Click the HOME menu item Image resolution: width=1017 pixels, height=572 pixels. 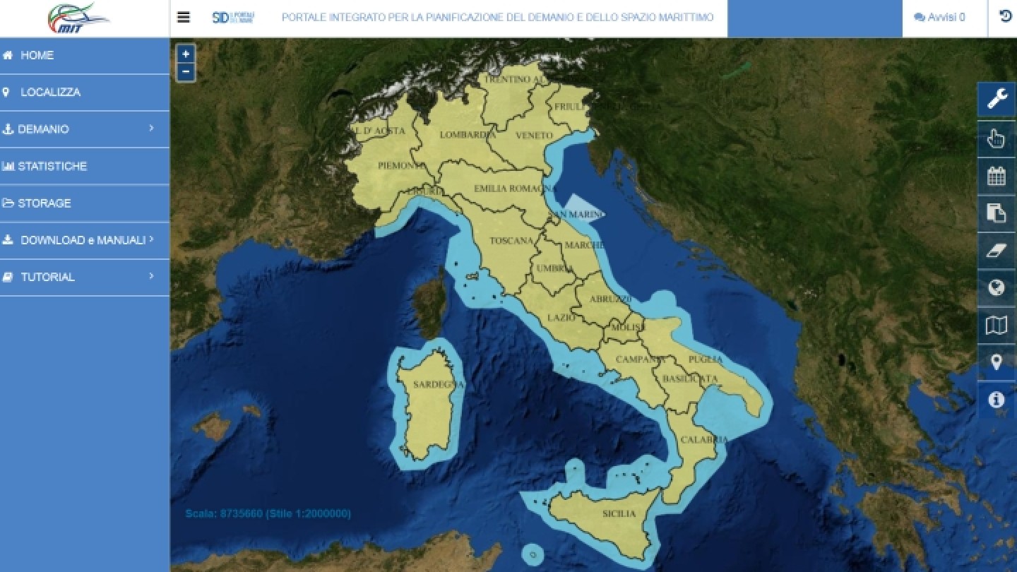tap(37, 55)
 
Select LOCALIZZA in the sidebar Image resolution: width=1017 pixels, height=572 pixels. tap(50, 92)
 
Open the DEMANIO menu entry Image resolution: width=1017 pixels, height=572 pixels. tap(44, 129)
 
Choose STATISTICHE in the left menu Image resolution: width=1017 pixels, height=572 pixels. tap(52, 166)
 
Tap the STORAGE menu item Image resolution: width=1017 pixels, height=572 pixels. tap(44, 203)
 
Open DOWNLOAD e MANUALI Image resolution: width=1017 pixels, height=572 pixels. tap(83, 240)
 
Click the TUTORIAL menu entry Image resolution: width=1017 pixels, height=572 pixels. tap(47, 277)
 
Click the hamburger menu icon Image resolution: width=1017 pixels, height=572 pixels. tap(184, 17)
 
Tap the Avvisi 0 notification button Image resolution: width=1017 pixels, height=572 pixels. tap(939, 18)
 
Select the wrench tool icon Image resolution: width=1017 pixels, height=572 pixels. tap(997, 99)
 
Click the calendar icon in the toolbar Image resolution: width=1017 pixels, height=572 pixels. tap(997, 175)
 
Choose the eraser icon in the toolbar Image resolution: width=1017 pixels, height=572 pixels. tap(997, 250)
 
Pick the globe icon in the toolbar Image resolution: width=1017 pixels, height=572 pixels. tap(997, 287)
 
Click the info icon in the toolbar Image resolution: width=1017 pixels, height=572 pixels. tap(997, 400)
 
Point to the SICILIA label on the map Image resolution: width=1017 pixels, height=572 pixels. tap(619, 513)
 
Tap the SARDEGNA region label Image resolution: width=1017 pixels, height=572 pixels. tap(438, 384)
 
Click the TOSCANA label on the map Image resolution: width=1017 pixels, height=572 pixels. tap(511, 241)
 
